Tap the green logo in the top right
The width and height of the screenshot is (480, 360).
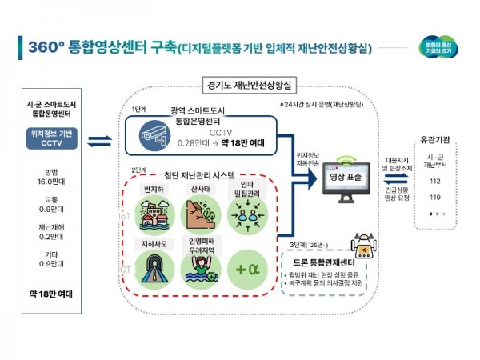438,47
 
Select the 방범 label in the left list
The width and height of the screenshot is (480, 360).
51,172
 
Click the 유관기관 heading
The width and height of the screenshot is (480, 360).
435,139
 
